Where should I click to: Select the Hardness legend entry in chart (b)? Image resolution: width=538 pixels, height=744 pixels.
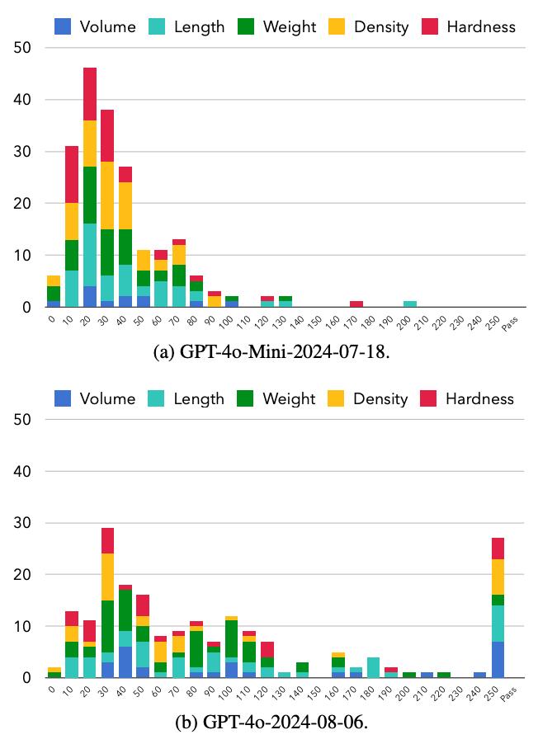[x=470, y=398]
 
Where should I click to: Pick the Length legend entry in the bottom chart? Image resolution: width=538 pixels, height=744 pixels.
[x=186, y=398]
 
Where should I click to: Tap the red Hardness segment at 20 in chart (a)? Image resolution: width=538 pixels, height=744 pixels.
[x=89, y=94]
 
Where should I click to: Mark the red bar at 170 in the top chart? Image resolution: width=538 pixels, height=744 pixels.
[x=356, y=304]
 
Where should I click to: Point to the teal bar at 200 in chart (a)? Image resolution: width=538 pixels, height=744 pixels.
[x=409, y=304]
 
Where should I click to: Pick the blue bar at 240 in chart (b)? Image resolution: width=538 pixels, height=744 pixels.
[x=479, y=675]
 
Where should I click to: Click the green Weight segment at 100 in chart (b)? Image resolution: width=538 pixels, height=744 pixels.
[x=231, y=639]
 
